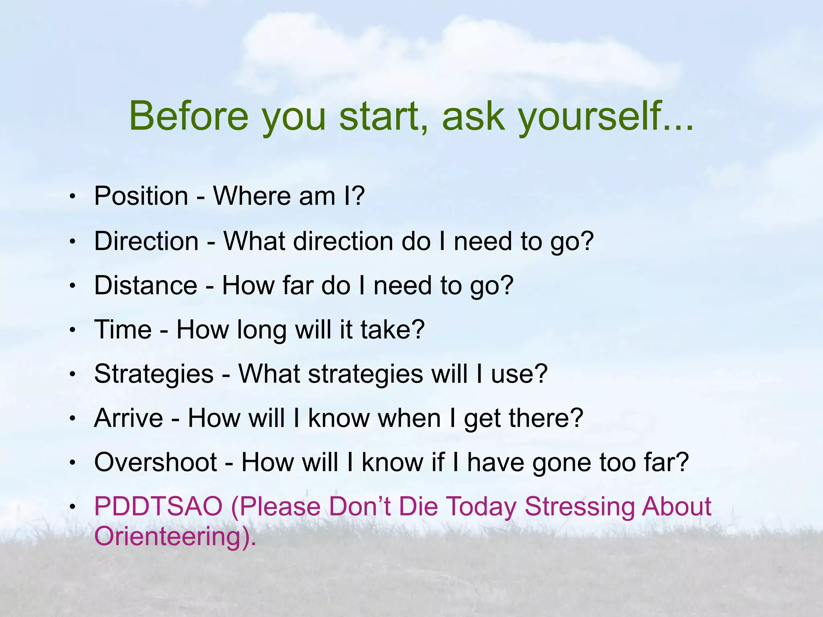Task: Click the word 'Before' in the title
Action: (189, 116)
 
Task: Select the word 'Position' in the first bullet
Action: (141, 196)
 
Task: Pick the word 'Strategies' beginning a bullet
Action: (154, 374)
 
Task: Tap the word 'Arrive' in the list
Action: (129, 418)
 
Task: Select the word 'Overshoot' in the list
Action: (156, 462)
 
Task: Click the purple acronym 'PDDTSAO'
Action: (158, 507)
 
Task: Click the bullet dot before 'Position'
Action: (72, 197)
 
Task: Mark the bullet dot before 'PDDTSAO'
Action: (72, 507)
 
